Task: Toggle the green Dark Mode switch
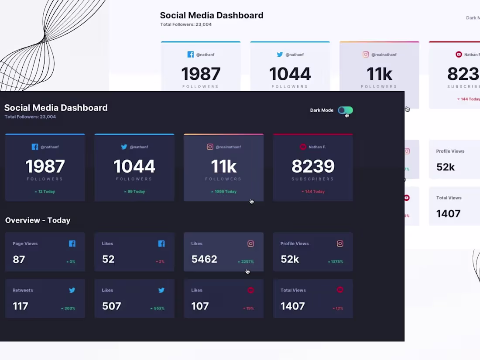(345, 110)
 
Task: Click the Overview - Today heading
(38, 220)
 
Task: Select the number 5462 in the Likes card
(204, 259)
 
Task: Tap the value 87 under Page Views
(19, 260)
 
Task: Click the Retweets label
(23, 290)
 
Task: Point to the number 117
(21, 306)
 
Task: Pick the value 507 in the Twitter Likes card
(111, 306)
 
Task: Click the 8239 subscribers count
(313, 166)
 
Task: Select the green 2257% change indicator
(246, 262)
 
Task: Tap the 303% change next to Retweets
(68, 309)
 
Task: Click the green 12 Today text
(45, 192)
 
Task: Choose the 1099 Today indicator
(223, 192)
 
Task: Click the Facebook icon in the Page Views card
(72, 244)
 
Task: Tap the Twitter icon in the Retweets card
(72, 290)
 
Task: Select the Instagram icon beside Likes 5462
(250, 244)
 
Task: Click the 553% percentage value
(158, 309)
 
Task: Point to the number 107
(200, 306)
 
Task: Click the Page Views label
(25, 243)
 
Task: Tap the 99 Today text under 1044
(134, 192)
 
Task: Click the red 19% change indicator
(249, 309)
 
